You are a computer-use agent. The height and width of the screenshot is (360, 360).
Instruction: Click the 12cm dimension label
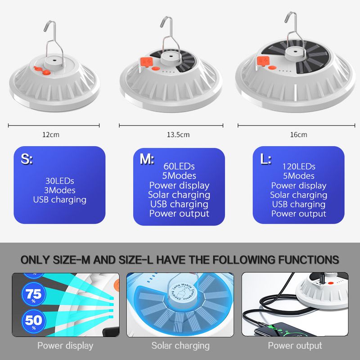pyautogui.click(x=51, y=135)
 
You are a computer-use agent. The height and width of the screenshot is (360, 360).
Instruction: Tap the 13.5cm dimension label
pyautogui.click(x=178, y=135)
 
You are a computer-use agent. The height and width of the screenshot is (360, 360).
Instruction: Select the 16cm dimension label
pyautogui.click(x=298, y=135)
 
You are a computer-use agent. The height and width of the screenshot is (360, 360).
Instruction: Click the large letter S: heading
pyautogui.click(x=27, y=159)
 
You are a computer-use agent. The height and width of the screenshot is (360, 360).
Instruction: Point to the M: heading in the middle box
pyautogui.click(x=147, y=159)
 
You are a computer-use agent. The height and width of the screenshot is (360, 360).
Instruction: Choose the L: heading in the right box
pyautogui.click(x=266, y=159)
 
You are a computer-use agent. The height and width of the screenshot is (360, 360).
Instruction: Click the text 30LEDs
pyautogui.click(x=60, y=181)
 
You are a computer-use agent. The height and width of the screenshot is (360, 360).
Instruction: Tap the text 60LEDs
pyautogui.click(x=179, y=166)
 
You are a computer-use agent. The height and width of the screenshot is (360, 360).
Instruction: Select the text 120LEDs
pyautogui.click(x=299, y=166)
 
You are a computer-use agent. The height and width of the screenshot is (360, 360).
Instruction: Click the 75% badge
pyautogui.click(x=34, y=294)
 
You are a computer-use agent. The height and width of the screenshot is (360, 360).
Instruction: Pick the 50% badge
pyautogui.click(x=34, y=321)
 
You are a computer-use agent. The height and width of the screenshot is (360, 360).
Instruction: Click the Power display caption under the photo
pyautogui.click(x=65, y=346)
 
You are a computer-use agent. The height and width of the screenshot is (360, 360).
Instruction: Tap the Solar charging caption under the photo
pyautogui.click(x=180, y=346)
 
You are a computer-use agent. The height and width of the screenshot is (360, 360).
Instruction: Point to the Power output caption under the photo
pyautogui.click(x=295, y=346)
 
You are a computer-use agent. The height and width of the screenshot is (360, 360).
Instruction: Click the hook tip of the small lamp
pyautogui.click(x=45, y=30)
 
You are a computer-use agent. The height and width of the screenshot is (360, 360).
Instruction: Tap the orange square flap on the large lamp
pyautogui.click(x=263, y=61)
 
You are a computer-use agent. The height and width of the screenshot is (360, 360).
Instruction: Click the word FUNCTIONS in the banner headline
pyautogui.click(x=309, y=260)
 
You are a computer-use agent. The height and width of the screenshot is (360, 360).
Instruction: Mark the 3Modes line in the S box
pyautogui.click(x=60, y=190)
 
